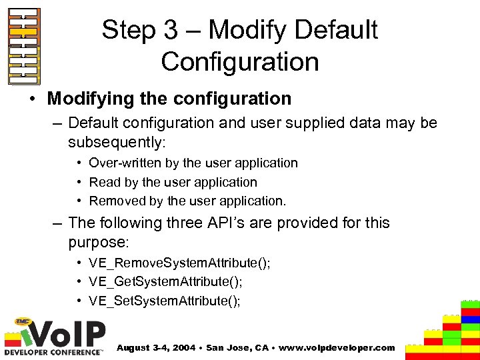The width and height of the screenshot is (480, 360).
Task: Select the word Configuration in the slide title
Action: coord(240,62)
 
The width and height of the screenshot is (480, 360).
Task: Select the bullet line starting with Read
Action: coord(173,182)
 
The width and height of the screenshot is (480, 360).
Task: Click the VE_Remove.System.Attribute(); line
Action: coord(180,263)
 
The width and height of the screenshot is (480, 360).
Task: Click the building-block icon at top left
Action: coord(24,46)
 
